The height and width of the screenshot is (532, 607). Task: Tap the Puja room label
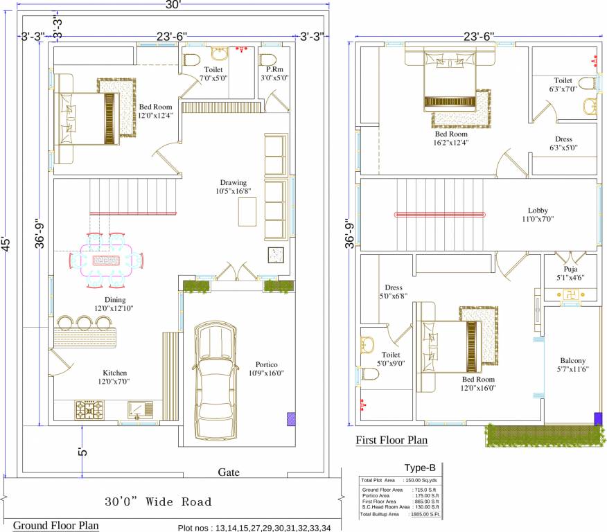tap(570, 269)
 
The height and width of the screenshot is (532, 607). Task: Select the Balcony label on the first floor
tap(573, 360)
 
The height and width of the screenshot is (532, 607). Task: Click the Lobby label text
tap(538, 210)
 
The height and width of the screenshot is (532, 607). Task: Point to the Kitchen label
tap(115, 373)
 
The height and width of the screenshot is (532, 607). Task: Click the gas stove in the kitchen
tap(89, 411)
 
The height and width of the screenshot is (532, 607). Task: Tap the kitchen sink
tap(141, 411)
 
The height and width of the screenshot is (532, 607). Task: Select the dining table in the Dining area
tap(107, 260)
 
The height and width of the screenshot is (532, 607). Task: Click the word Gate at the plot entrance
tap(229, 472)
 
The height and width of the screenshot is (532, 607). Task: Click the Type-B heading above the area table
tap(419, 468)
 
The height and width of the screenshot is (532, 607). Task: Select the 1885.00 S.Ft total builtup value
tap(425, 515)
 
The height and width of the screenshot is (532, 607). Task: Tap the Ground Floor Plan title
tap(55, 525)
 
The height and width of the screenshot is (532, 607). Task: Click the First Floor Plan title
tap(392, 440)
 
